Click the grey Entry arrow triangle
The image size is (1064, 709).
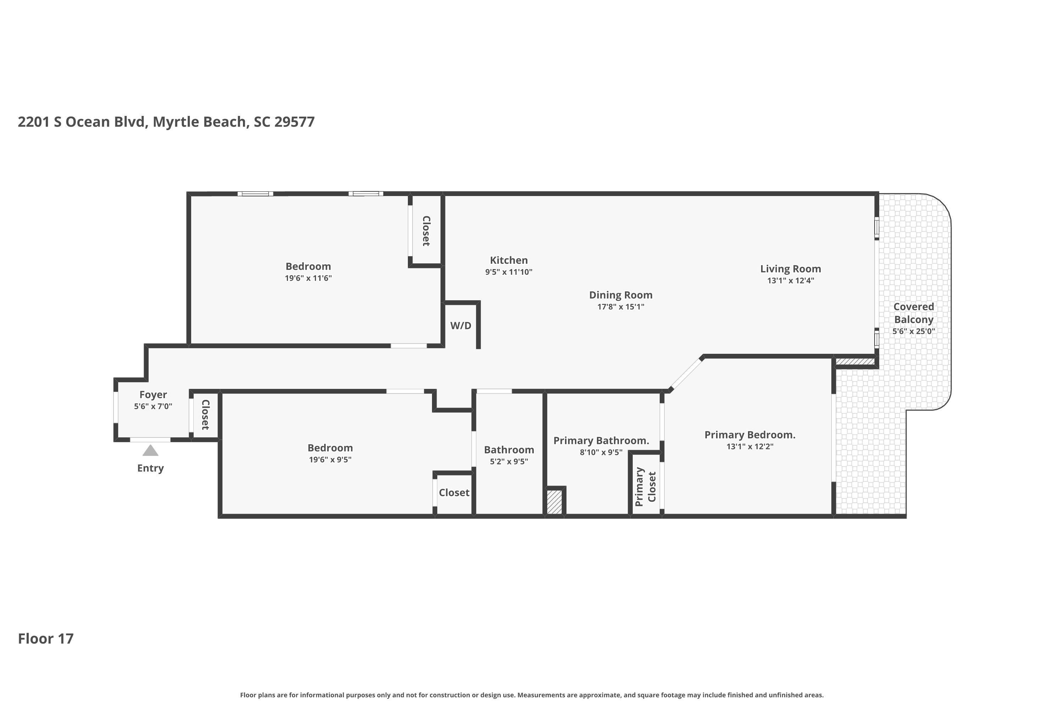[x=151, y=451]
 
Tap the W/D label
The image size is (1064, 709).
[x=460, y=325]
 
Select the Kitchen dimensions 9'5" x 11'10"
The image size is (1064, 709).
[x=509, y=272]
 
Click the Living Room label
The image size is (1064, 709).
[x=790, y=269]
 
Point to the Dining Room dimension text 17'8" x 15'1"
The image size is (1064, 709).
[x=620, y=307]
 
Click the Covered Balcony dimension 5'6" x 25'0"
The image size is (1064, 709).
[x=913, y=331]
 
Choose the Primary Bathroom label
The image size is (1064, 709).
[x=601, y=440]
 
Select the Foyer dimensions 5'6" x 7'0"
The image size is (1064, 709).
[x=153, y=407]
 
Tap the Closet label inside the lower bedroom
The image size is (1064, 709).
[x=454, y=492]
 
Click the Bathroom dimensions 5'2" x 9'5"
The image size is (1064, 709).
[x=509, y=461]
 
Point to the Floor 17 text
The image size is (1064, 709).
[x=46, y=638]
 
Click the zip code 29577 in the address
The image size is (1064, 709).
[x=294, y=122]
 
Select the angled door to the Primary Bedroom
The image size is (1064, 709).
[x=686, y=374]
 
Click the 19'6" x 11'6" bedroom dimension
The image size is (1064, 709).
[x=308, y=278]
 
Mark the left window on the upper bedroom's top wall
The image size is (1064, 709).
[x=255, y=194]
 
